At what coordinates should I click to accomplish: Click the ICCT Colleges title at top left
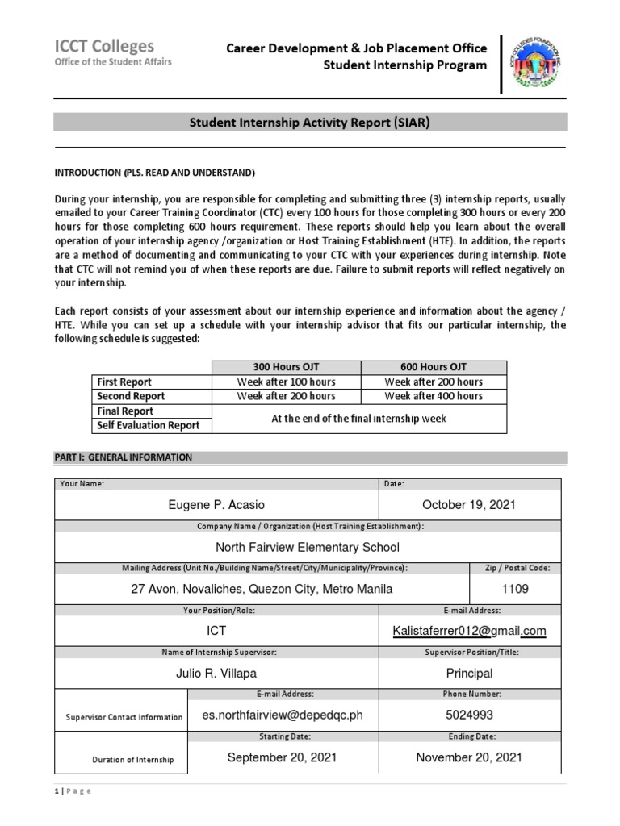point(103,46)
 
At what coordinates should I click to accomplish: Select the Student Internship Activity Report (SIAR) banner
point(310,123)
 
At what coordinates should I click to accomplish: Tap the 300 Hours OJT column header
point(286,367)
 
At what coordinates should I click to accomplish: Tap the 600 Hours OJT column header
point(434,367)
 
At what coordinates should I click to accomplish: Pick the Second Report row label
point(130,396)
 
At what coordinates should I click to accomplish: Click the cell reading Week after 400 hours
point(434,396)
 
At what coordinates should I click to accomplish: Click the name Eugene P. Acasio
point(216,505)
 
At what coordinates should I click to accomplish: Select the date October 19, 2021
point(468,505)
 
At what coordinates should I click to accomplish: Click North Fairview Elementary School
point(308,547)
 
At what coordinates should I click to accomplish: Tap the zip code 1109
point(514,589)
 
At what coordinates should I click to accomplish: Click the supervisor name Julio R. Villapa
point(216,673)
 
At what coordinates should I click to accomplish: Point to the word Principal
point(469,673)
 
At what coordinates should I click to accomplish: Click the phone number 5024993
point(469,715)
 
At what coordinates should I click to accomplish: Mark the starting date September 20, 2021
point(282,757)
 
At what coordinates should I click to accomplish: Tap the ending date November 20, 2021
point(469,757)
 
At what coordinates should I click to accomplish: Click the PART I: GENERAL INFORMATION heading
point(124,457)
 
